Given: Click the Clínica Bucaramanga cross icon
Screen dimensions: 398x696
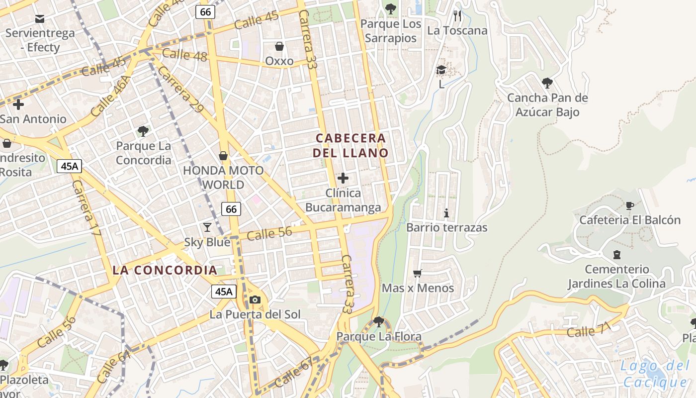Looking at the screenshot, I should coord(343,178).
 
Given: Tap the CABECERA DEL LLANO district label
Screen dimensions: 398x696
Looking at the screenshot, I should coord(350,145).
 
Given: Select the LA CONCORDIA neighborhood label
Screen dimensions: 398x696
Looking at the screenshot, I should coord(165,270).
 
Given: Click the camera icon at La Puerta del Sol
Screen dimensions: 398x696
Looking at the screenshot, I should coord(255,299).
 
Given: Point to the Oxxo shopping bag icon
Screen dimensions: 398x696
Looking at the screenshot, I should coord(279,46).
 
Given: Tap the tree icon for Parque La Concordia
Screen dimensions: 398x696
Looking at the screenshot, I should coord(143,131).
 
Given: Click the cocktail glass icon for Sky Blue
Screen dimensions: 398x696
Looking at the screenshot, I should coord(207,227).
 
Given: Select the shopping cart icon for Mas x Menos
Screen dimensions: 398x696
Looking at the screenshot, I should coord(418,273).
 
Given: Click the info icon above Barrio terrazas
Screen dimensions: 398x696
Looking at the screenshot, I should coord(446,213).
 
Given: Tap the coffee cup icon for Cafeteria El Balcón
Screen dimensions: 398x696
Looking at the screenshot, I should coord(630,205).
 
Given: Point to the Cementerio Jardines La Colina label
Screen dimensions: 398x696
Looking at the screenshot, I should coord(616,277).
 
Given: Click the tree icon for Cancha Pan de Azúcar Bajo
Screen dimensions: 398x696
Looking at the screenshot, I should coord(547,83).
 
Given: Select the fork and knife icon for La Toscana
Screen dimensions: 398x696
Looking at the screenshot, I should coord(457,16).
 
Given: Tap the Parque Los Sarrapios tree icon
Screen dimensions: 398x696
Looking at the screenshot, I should coord(390,8).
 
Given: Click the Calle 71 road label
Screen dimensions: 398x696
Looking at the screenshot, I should coord(588,330).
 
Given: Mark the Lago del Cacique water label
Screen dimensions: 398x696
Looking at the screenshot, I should coord(655,374).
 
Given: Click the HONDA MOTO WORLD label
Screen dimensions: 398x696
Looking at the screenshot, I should coord(223,178).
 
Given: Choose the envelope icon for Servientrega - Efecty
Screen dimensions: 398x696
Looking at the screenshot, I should coord(40,19).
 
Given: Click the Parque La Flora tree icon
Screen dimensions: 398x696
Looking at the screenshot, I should coord(379,322).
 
